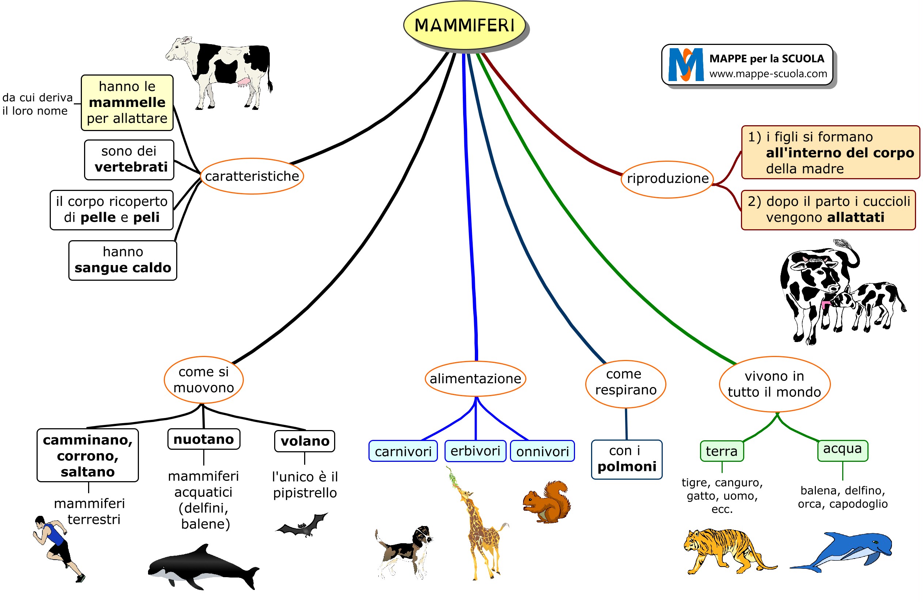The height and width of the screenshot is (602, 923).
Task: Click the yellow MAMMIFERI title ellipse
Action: point(464,25)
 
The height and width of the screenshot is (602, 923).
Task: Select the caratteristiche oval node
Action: point(252,176)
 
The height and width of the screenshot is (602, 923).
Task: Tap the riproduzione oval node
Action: point(667,179)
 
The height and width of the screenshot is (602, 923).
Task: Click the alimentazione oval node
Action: point(476,379)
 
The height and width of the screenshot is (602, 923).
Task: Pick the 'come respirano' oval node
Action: point(625,382)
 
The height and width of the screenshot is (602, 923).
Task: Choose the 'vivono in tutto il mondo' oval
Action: point(775,384)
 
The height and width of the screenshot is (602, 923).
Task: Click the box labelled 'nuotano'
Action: point(204,439)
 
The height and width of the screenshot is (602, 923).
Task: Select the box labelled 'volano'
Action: point(305,441)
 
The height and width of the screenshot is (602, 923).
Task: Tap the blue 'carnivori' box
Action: point(403,451)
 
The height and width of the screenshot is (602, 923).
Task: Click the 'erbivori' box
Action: point(475,451)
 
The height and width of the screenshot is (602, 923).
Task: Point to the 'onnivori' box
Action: point(542,451)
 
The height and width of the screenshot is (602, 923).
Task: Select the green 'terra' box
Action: point(722,451)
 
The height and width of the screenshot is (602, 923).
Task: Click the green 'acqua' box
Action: point(842,449)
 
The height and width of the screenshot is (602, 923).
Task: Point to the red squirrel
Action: point(547,502)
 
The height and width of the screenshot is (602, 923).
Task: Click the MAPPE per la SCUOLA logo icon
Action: point(686,65)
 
